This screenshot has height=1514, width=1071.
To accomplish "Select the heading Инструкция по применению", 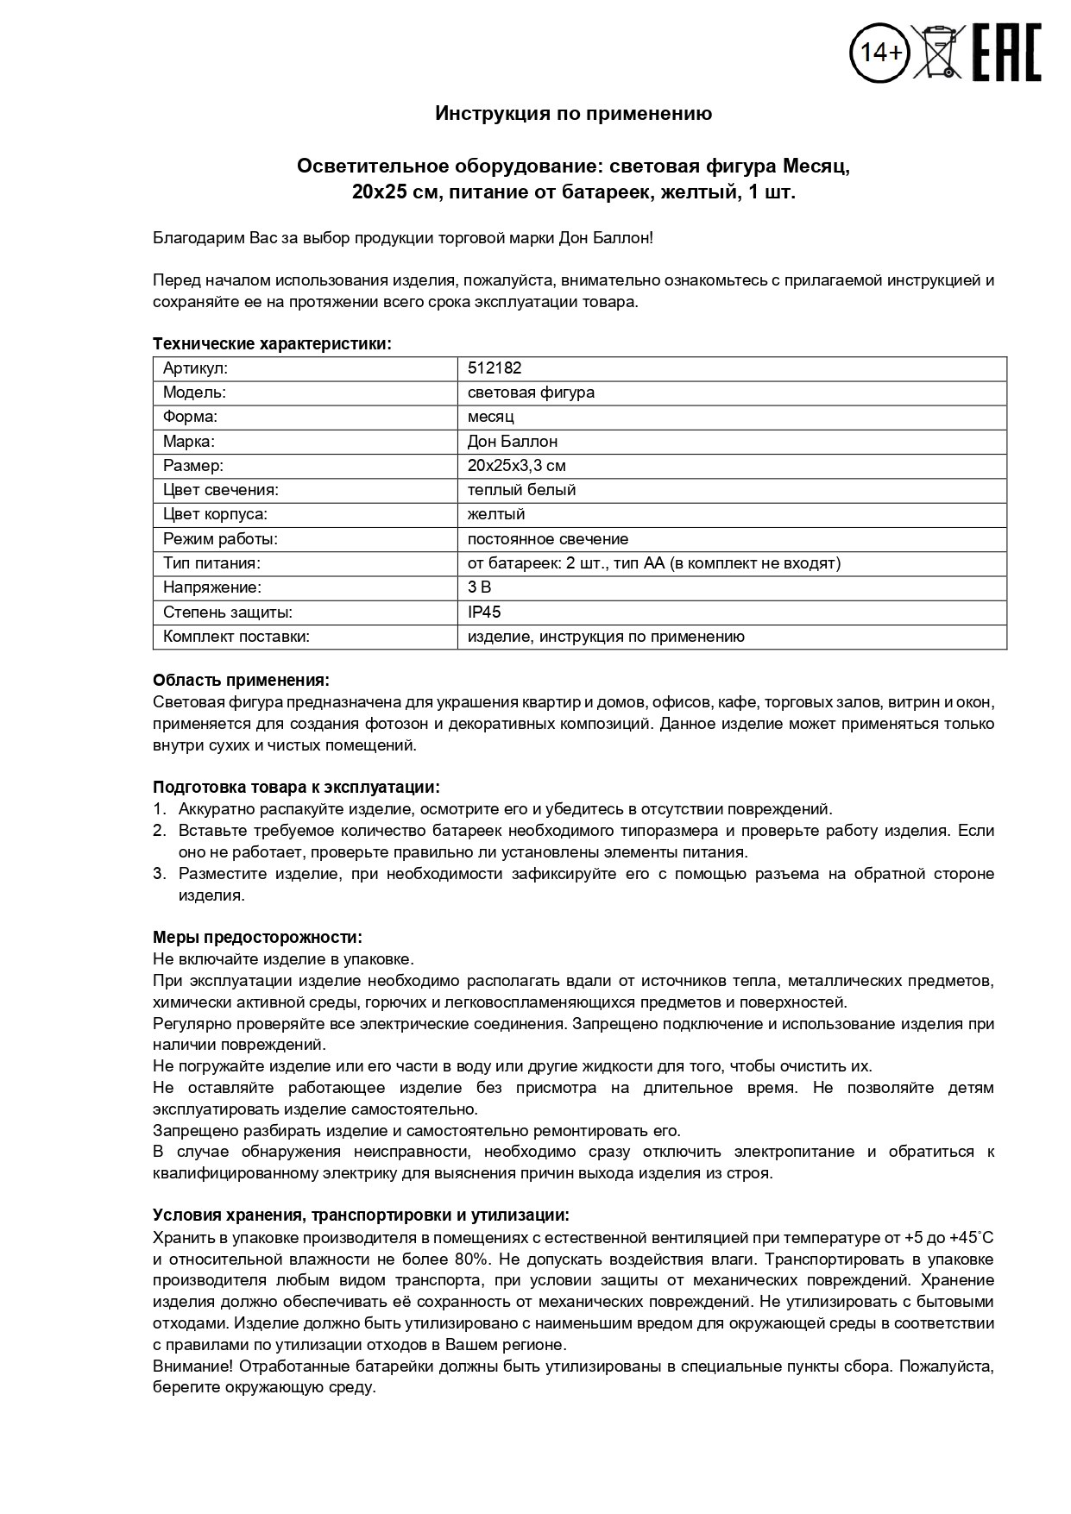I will (573, 114).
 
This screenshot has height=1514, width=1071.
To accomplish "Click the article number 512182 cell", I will (495, 368).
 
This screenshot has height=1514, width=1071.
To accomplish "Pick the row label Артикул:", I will (195, 368).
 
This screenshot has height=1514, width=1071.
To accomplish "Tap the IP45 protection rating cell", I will (483, 613).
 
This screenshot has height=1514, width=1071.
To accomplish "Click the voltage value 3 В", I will (479, 587).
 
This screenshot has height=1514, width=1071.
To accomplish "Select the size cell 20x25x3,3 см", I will (516, 466).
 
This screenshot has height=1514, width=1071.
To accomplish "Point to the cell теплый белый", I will (521, 490).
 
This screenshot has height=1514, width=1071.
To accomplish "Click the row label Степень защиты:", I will (228, 613).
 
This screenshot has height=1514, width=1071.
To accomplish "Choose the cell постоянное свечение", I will (547, 539).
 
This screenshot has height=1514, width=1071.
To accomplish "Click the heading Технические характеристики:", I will (272, 344).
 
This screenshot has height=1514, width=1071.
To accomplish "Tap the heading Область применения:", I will (241, 681).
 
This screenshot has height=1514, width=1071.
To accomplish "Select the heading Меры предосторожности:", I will (257, 938).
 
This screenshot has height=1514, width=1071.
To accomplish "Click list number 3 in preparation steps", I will (159, 874).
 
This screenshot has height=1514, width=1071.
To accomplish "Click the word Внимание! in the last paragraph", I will (192, 1366).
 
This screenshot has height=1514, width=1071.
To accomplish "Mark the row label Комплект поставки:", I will (236, 637).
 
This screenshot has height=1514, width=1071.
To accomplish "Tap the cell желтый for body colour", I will (495, 514).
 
